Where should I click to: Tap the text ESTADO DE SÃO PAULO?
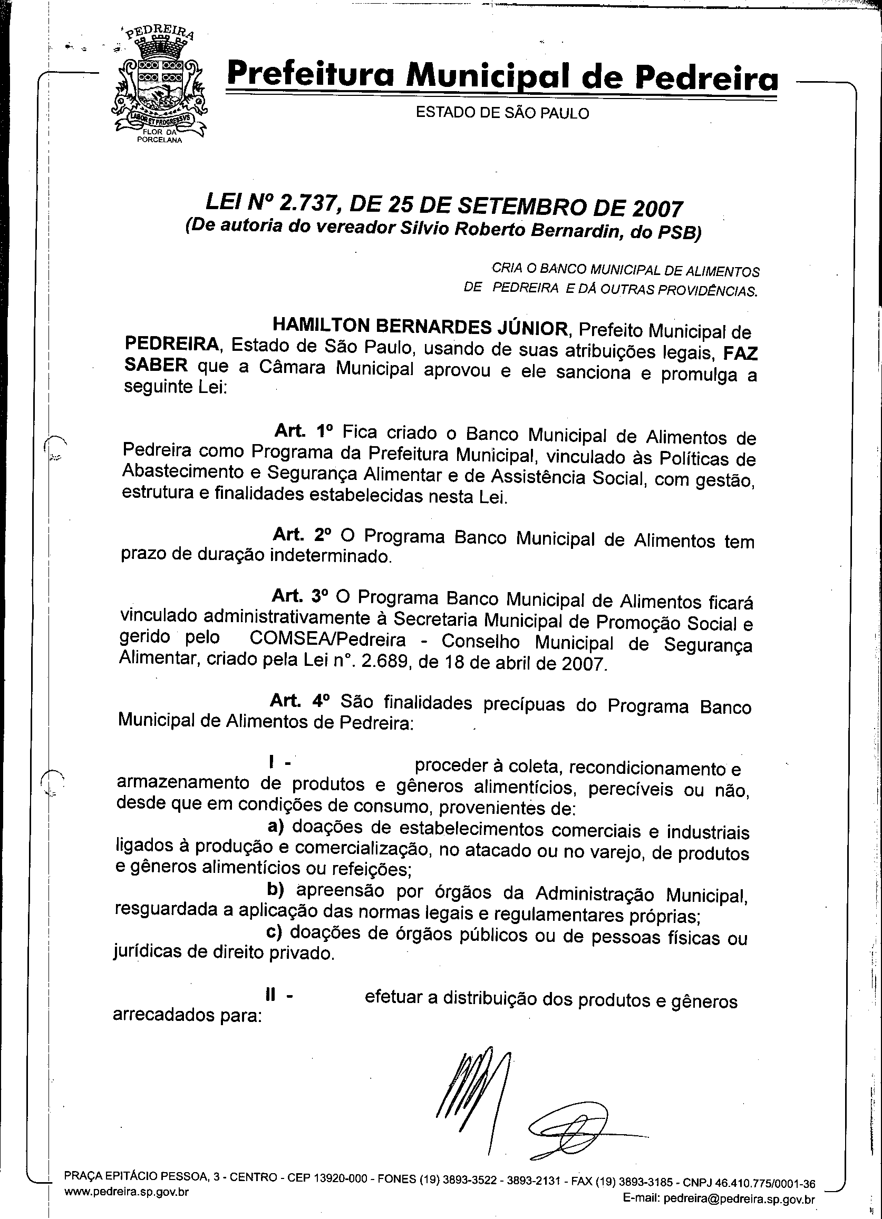point(502,113)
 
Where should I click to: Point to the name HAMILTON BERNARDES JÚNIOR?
point(421,325)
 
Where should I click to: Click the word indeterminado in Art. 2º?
point(330,556)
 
